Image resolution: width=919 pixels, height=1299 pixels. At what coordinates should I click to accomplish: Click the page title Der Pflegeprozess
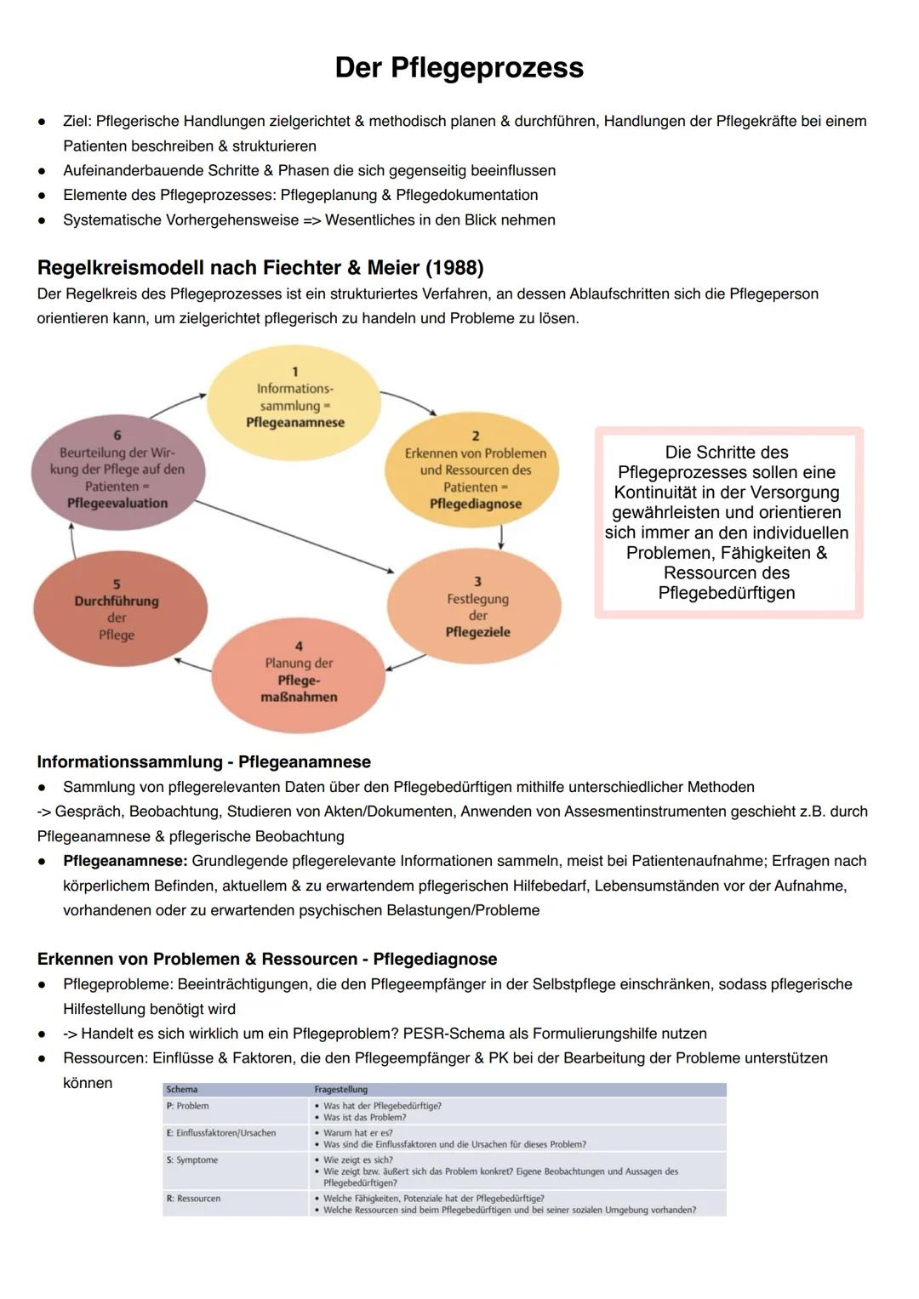pos(459,68)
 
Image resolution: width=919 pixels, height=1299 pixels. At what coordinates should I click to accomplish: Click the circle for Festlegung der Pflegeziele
pos(475,607)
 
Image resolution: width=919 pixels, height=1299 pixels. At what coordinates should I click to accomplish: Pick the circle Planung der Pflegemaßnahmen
pos(299,675)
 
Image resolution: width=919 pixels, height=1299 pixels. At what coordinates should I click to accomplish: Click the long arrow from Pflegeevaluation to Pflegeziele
pos(294,537)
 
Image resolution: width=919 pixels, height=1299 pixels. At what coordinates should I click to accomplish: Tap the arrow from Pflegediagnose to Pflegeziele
pos(501,537)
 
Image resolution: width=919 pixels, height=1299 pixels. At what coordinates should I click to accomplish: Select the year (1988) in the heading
pos(454,268)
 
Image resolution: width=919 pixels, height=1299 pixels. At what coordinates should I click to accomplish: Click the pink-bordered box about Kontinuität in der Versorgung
pos(728,522)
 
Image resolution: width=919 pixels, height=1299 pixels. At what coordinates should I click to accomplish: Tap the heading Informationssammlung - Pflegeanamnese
pos(203,761)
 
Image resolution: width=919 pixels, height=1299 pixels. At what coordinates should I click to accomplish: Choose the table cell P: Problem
pos(188,1106)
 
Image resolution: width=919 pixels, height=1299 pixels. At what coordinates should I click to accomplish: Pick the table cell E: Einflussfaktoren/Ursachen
pos(221,1133)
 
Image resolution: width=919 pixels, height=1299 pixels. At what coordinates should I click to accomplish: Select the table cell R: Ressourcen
pos(194,1199)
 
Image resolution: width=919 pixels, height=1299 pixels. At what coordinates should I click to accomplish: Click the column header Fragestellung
pos(341,1089)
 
